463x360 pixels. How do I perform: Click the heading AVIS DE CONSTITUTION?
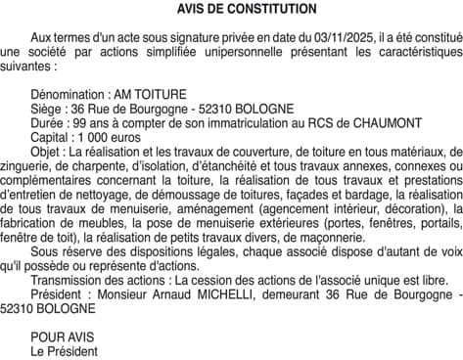233,9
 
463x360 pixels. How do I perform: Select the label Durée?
48,121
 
